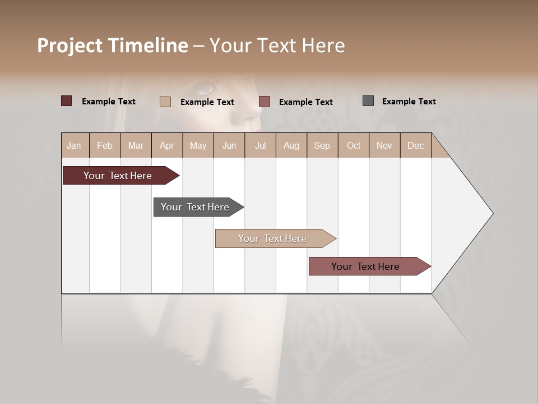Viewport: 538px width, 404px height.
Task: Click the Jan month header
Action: tap(74, 145)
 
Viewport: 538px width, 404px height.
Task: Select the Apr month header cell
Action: tap(166, 145)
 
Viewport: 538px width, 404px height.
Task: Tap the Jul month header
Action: tap(260, 145)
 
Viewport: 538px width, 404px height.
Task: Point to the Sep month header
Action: tap(322, 145)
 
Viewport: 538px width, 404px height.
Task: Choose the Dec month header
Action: tap(415, 145)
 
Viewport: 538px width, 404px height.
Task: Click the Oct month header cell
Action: tap(354, 145)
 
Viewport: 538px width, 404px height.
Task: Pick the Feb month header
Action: tap(105, 145)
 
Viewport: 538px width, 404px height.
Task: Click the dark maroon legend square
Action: tap(67, 101)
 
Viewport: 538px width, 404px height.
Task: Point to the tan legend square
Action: tap(165, 102)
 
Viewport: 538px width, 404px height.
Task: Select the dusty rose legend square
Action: tap(265, 102)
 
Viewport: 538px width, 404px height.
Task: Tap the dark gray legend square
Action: tap(368, 101)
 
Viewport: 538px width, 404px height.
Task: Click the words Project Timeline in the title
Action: tap(112, 45)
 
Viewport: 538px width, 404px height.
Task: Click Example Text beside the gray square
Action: tap(409, 102)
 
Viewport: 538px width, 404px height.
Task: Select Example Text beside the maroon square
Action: tap(108, 102)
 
